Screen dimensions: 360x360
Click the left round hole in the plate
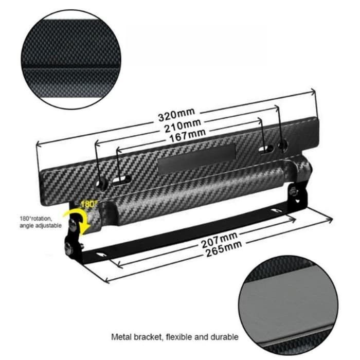pyautogui.click(x=100, y=183)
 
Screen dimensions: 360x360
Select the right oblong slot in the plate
pyautogui.click(x=265, y=149)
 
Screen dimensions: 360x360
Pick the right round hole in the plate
pyautogui.click(x=281, y=146)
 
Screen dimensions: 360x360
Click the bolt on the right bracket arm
pyautogui.click(x=293, y=191)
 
